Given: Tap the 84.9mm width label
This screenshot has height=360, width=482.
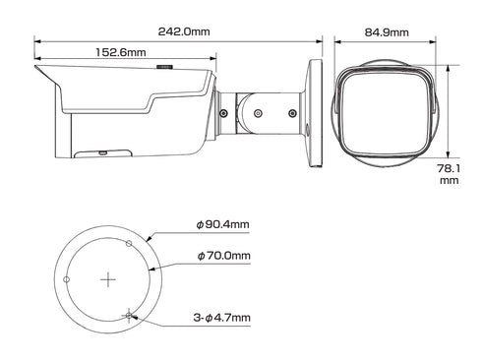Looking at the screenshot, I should pos(386,31).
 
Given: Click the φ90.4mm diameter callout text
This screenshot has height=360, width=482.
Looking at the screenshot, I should pos(223,225).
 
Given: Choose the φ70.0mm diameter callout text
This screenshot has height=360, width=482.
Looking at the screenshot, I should pos(223,256).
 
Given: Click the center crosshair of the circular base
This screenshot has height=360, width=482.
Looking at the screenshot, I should pos(107,279).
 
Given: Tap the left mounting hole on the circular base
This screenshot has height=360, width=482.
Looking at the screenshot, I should pos(66,279).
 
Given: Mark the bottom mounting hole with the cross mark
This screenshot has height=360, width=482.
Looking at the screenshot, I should pos(128,315).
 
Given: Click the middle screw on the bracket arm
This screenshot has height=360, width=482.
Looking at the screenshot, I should pos(257,114).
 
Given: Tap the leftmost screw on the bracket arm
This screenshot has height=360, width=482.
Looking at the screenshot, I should pos(225,114).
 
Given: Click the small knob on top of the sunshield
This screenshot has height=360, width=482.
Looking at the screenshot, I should pos(166,68).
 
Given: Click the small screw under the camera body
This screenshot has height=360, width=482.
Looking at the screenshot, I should pos(103,152).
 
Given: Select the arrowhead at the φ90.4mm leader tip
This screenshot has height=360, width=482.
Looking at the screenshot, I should pos(146,239).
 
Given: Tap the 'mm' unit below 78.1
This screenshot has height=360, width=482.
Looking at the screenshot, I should pos(450,181).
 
